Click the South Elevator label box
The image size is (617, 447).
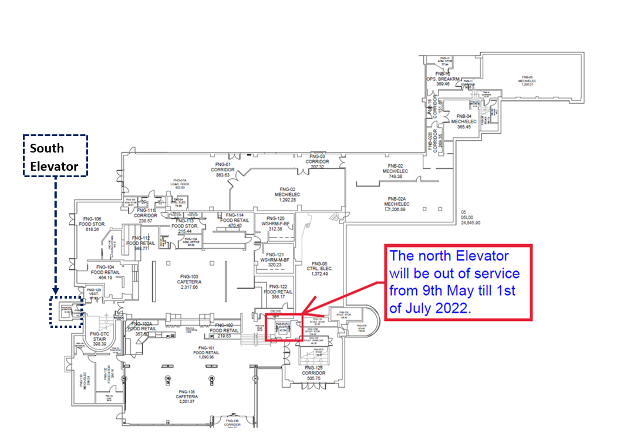pos(55,157)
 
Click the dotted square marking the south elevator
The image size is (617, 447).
pos(66,311)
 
